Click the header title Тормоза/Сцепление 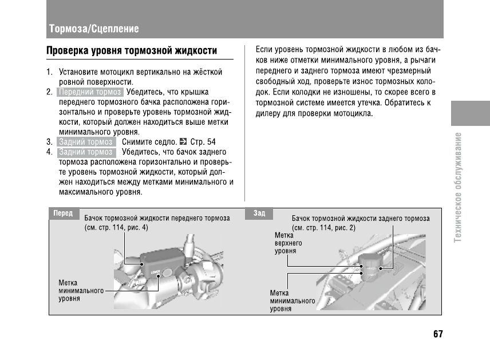(93, 29)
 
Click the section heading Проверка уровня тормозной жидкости (132, 51)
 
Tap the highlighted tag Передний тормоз (90, 92)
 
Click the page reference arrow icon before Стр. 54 (183, 141)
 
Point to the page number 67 (438, 334)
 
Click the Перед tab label (63, 213)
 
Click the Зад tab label (259, 213)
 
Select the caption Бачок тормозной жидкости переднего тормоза (157, 218)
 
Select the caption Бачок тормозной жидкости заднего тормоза (361, 218)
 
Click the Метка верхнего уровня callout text (289, 243)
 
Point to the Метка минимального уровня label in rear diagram (293, 300)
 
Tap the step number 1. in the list (50, 73)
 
